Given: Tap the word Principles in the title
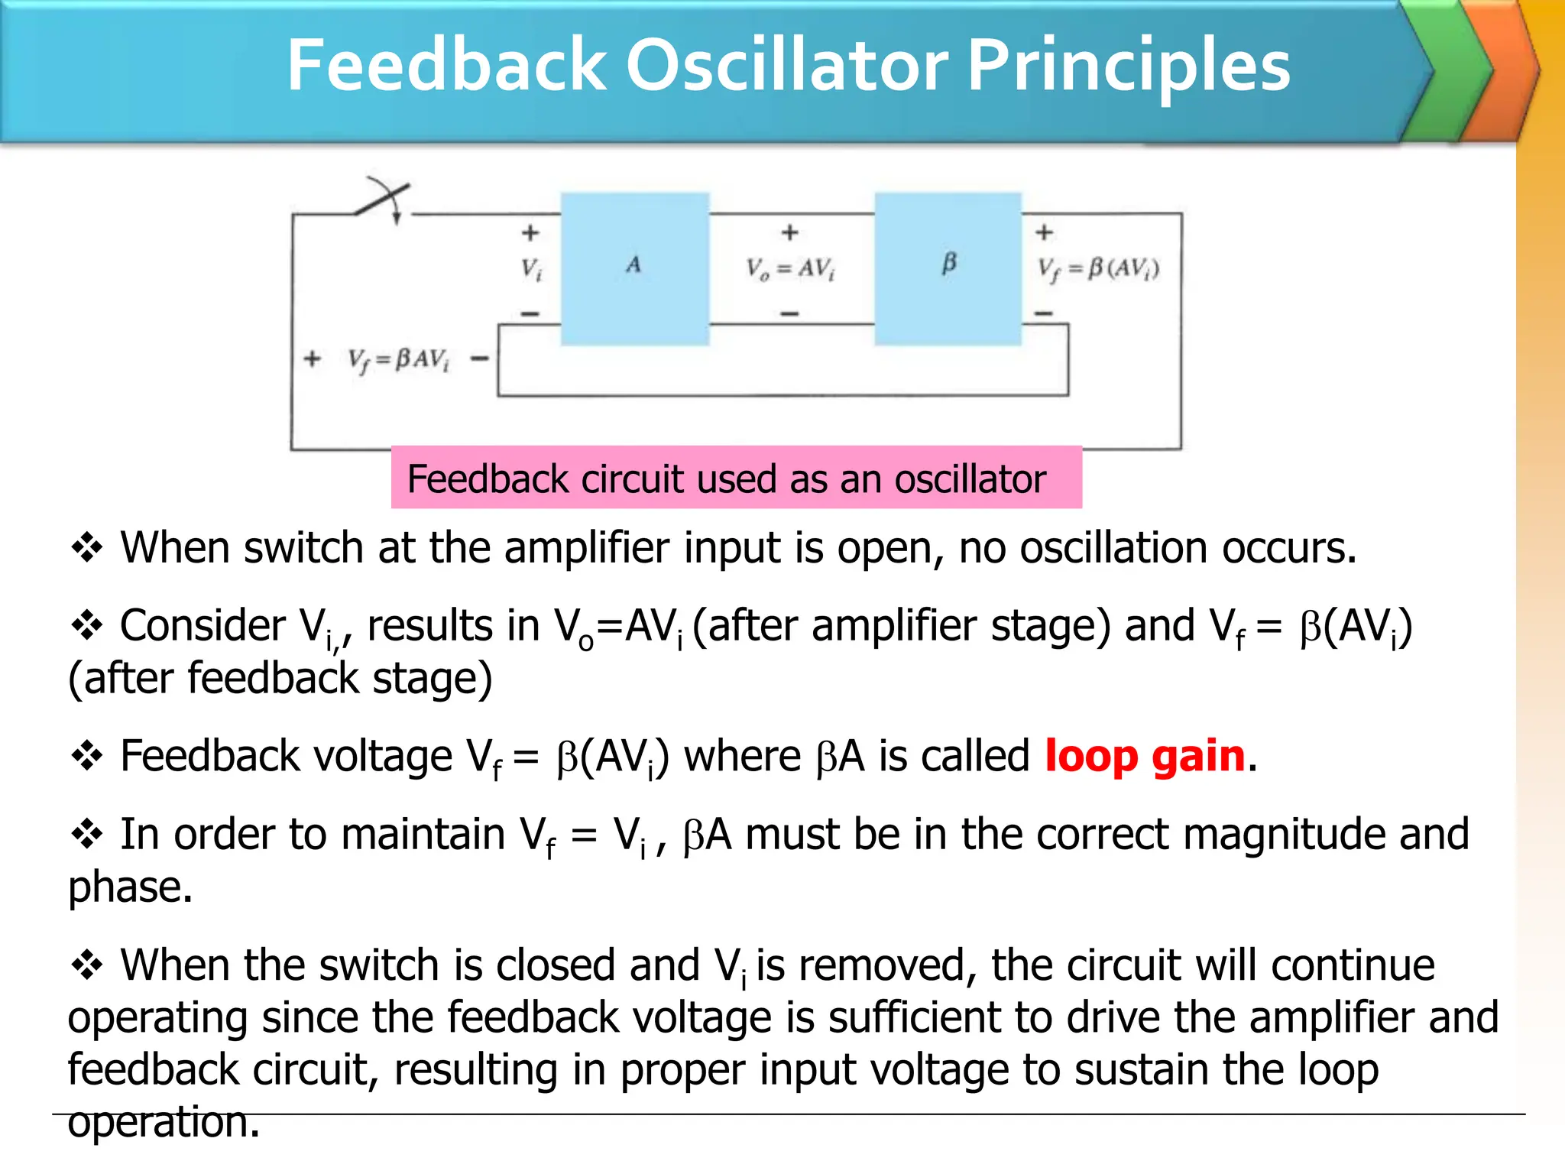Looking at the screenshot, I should tap(1129, 67).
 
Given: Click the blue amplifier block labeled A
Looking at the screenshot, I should tap(635, 269).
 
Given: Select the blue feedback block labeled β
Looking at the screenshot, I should tap(948, 269).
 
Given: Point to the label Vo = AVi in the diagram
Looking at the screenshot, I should tap(790, 269).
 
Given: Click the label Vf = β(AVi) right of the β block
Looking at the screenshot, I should tap(1098, 269).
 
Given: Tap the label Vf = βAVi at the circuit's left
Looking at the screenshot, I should tap(398, 359).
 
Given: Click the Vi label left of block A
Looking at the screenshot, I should tap(532, 269).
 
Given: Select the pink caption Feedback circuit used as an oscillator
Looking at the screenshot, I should tap(736, 478).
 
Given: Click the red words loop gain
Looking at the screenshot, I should tap(1145, 757).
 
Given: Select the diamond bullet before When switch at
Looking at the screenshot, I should tap(87, 548).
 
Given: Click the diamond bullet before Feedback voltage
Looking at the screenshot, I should tap(87, 756).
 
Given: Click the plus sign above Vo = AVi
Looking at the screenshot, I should tap(790, 232).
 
